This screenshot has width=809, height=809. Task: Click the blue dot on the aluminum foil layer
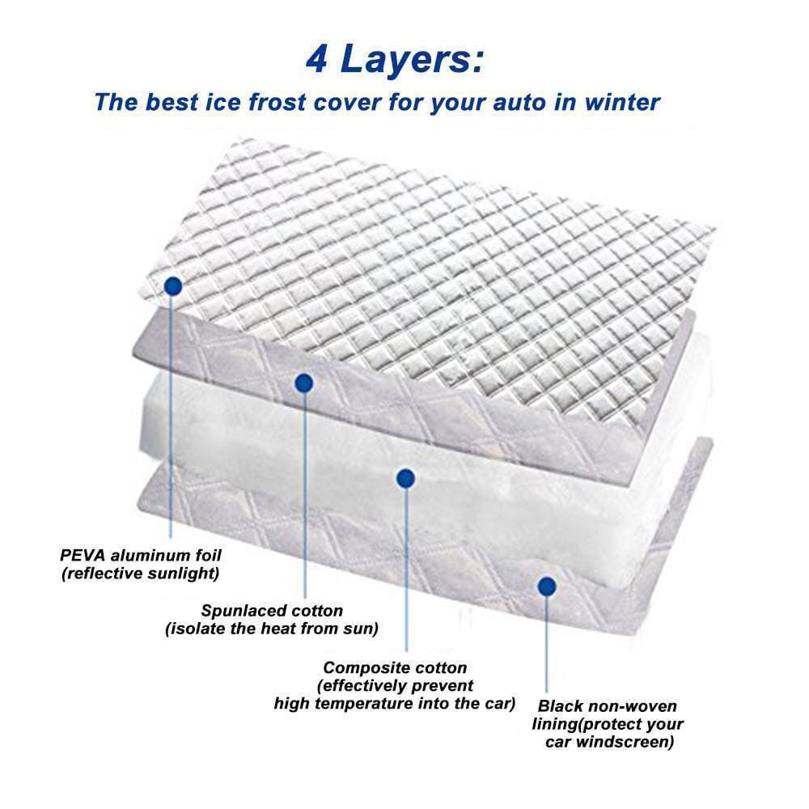tap(172, 286)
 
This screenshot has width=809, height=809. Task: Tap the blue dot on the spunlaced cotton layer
tap(304, 383)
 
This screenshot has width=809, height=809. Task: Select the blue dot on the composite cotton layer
tap(406, 478)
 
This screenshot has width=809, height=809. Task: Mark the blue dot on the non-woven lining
tap(548, 587)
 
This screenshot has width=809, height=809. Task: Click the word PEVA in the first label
tap(84, 556)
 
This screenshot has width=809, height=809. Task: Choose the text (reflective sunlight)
tap(140, 574)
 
